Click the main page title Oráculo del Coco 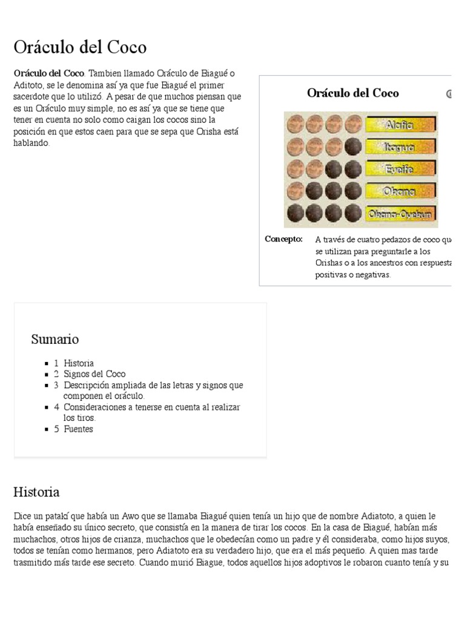tap(80, 47)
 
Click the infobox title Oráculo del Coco tap(352, 93)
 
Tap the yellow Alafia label tap(400, 125)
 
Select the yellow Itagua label tap(400, 147)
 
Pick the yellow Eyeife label tap(400, 169)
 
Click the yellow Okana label tap(400, 191)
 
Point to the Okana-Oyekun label tap(400, 214)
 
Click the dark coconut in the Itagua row tap(353, 147)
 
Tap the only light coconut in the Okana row tap(295, 191)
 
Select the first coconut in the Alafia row tap(295, 125)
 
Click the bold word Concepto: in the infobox tap(283, 239)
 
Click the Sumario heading tap(54, 339)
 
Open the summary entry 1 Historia tap(74, 363)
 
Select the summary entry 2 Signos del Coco tap(90, 374)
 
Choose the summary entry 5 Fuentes tap(74, 429)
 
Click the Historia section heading tap(36, 492)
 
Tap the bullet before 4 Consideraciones tap(47, 407)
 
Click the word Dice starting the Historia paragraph tap(22, 516)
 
